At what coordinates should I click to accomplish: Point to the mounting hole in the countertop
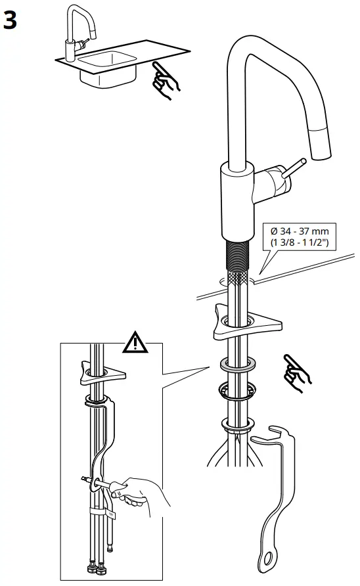coord(237,281)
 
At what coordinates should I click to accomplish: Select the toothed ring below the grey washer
coord(237,392)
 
